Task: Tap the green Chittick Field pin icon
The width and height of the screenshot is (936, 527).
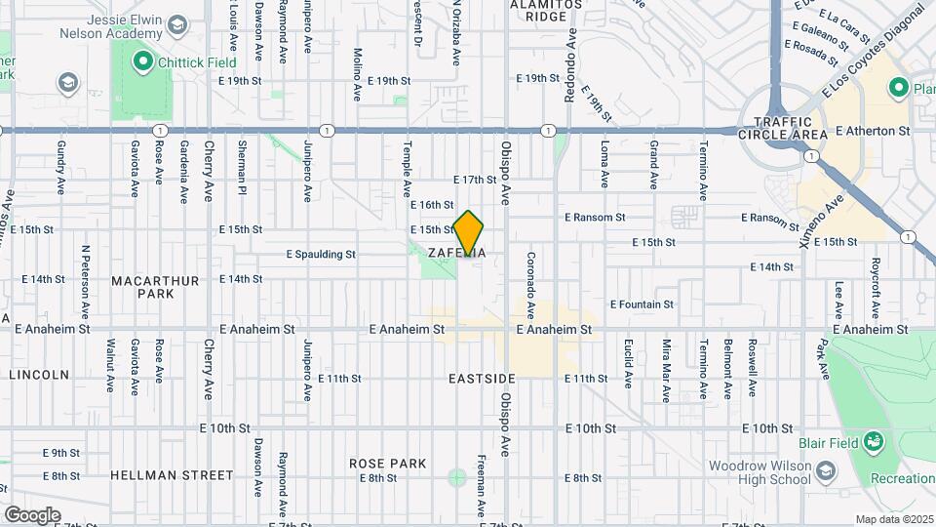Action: click(x=142, y=62)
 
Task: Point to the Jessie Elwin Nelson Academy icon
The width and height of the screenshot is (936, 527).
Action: click(x=176, y=23)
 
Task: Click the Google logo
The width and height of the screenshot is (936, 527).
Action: click(x=32, y=514)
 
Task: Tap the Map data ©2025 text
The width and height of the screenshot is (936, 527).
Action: click(x=893, y=519)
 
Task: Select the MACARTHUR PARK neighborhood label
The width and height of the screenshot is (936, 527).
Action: click(x=155, y=287)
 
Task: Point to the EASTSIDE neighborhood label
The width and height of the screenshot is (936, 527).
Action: click(x=482, y=378)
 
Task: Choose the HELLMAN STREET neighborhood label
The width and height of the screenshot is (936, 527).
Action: click(x=172, y=475)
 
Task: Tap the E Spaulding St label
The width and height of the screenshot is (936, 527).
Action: click(x=320, y=255)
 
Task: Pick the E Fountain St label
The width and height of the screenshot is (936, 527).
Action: click(x=643, y=304)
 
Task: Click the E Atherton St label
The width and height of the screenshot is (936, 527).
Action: click(x=872, y=130)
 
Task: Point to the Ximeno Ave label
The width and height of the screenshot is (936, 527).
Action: click(x=821, y=220)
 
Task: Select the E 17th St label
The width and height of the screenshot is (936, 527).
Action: click(x=476, y=180)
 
